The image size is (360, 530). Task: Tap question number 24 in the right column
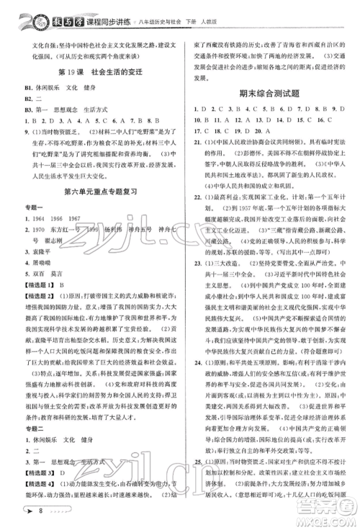pos(197,382)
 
